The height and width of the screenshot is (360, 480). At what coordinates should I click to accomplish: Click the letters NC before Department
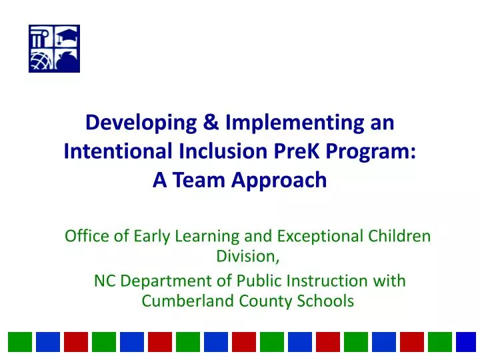tap(103, 281)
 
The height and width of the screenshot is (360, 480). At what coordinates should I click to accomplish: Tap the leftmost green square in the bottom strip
tap(19, 342)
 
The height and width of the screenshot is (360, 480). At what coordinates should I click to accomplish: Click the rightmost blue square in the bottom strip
tap(466, 342)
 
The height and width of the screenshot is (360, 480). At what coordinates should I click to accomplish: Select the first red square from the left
tap(75, 342)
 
